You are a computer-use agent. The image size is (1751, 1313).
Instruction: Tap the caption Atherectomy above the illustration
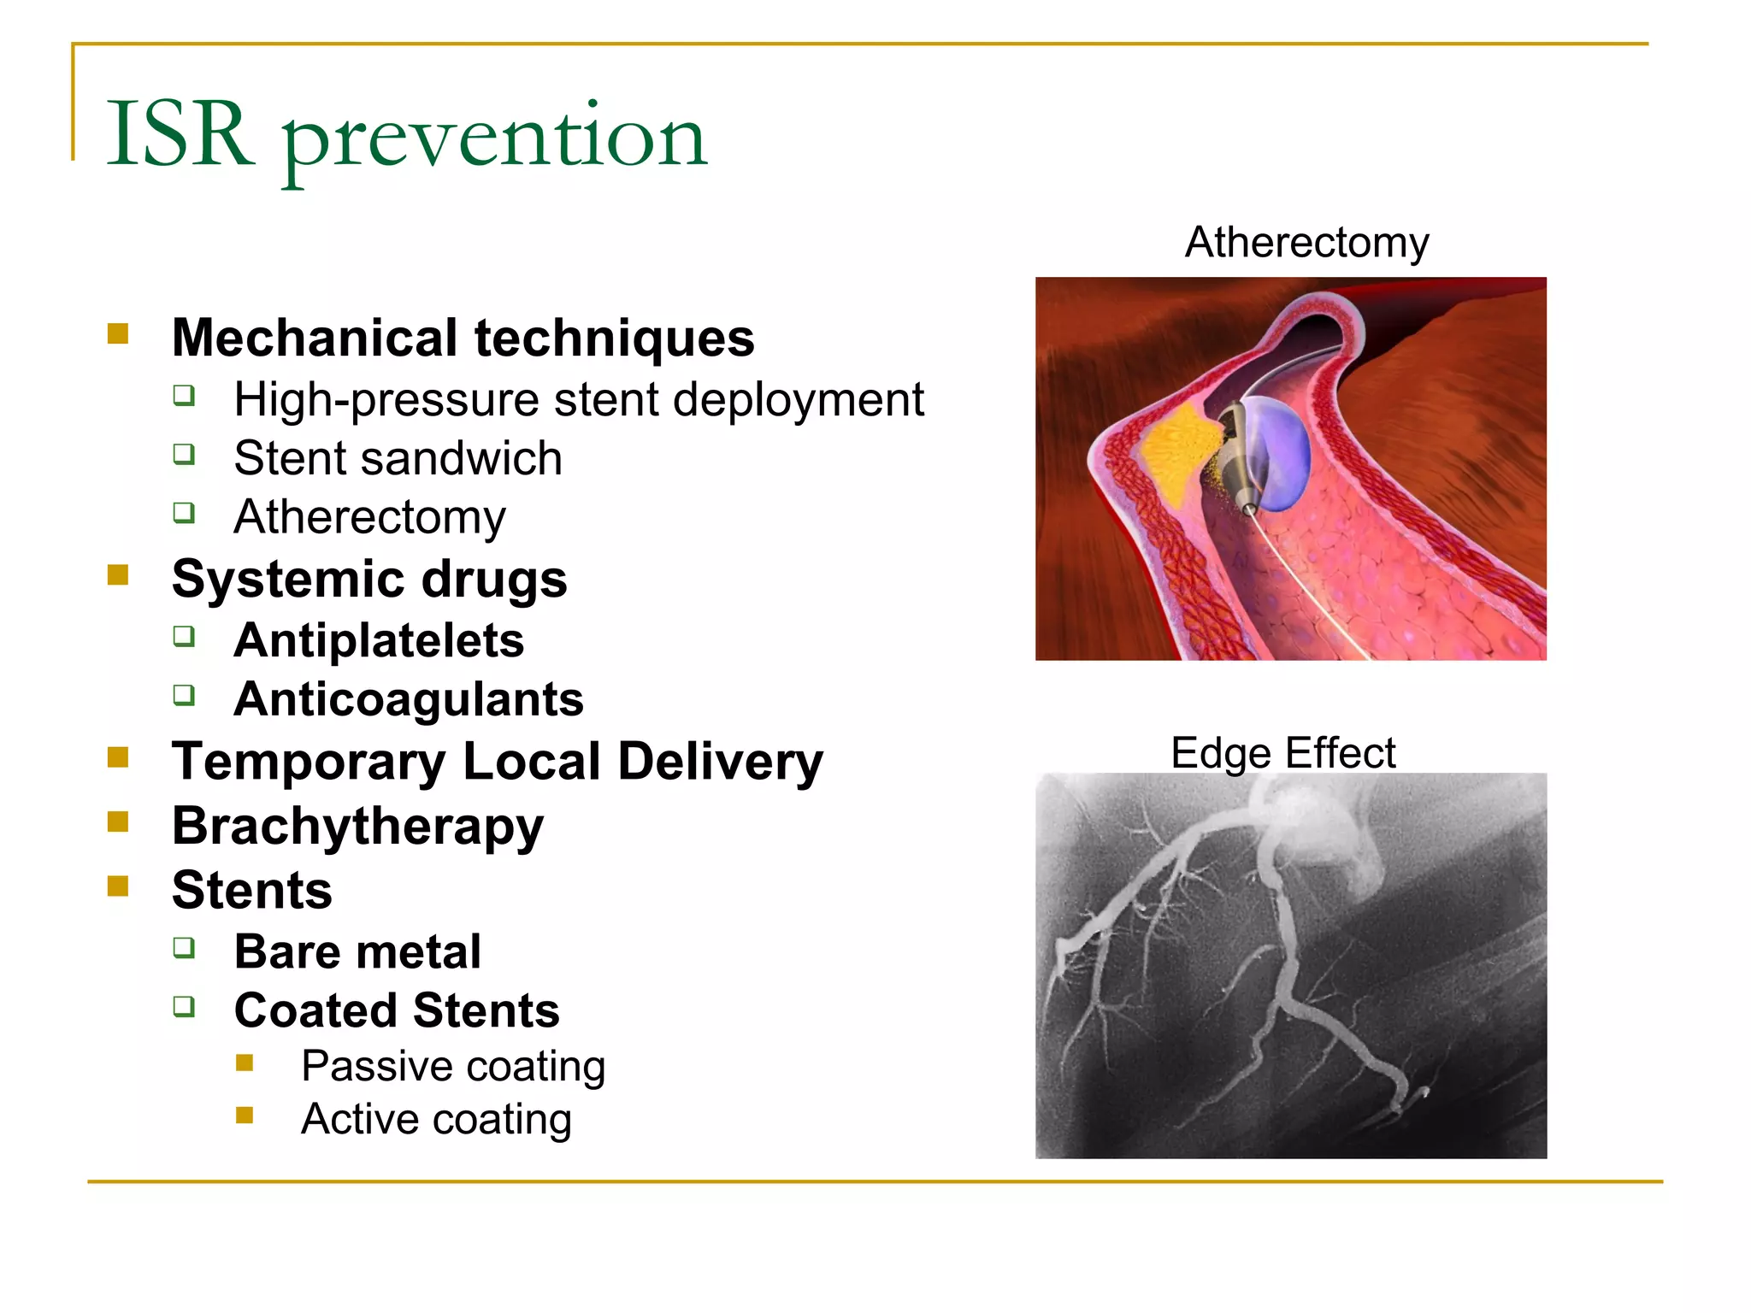coord(1306,243)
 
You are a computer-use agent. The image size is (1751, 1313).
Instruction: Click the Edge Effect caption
coord(1282,754)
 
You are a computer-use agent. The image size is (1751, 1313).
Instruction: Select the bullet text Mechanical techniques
coord(463,338)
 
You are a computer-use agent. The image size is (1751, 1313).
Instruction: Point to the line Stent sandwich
coord(398,459)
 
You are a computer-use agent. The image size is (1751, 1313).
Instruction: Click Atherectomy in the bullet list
coord(369,517)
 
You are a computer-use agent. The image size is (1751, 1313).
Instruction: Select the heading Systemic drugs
coord(368,580)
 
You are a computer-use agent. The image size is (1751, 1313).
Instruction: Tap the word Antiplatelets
coord(379,641)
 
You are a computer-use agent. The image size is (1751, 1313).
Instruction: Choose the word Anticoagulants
coord(409,700)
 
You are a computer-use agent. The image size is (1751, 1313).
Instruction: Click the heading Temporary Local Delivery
coord(497,762)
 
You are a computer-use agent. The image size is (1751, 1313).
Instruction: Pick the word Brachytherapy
coord(357,827)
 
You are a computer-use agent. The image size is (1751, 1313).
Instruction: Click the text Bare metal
coord(357,952)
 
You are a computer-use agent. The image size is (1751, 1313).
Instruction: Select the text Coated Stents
coord(397,1011)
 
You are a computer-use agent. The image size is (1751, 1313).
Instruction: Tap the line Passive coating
coord(453,1067)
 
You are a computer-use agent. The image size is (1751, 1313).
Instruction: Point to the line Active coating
coord(436,1120)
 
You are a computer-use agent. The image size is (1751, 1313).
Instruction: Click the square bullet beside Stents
coord(118,886)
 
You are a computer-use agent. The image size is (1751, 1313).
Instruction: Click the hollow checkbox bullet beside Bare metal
coord(184,947)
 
